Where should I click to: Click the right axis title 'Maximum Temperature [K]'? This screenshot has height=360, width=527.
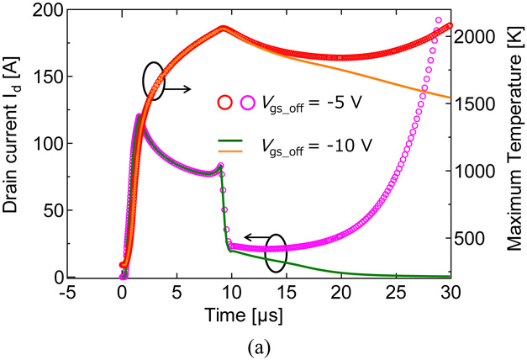click(x=513, y=143)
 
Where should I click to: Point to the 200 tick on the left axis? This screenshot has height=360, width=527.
click(x=50, y=10)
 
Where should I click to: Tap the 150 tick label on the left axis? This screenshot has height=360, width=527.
click(x=50, y=77)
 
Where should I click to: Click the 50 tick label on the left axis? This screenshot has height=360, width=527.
click(x=54, y=210)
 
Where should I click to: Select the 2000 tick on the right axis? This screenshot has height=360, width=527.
click(x=478, y=37)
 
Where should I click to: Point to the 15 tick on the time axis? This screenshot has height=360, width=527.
click(x=287, y=293)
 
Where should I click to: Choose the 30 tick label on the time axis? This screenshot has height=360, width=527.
click(x=451, y=293)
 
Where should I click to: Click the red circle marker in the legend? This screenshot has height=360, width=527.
click(x=225, y=103)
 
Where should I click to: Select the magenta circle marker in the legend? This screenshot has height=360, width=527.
click(x=249, y=103)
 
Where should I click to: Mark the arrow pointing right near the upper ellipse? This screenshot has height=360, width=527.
click(x=177, y=88)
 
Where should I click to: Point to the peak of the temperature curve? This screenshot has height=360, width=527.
click(x=223, y=28)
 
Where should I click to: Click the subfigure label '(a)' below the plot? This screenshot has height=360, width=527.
click(x=263, y=345)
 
